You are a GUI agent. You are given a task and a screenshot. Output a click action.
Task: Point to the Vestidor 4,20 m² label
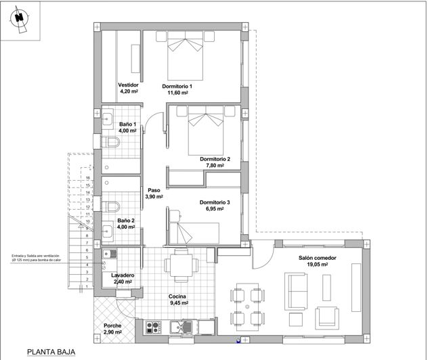point(129,88)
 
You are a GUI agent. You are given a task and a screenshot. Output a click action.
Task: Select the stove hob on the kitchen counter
point(153,328)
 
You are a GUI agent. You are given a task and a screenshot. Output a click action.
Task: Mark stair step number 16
point(88,177)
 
